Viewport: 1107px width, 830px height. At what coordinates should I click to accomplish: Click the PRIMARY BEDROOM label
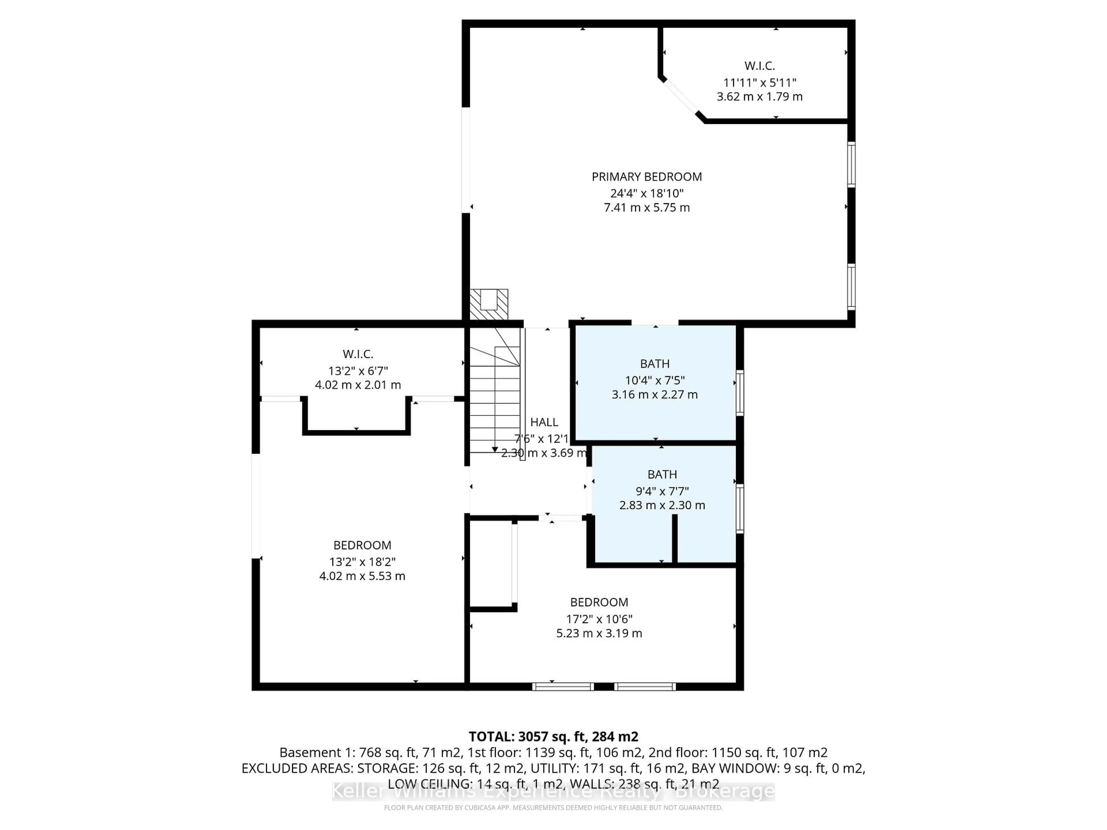pyautogui.click(x=647, y=177)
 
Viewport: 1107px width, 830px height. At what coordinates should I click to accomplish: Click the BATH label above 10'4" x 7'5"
pyautogui.click(x=655, y=364)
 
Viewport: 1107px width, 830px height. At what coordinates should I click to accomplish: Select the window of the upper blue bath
pyautogui.click(x=740, y=393)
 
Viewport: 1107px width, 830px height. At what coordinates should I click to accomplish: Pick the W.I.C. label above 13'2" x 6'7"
pyautogui.click(x=358, y=354)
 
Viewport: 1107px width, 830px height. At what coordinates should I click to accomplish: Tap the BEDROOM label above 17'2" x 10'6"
pyautogui.click(x=599, y=602)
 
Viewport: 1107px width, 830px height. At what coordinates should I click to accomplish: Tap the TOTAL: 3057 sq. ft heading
pyautogui.click(x=553, y=736)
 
